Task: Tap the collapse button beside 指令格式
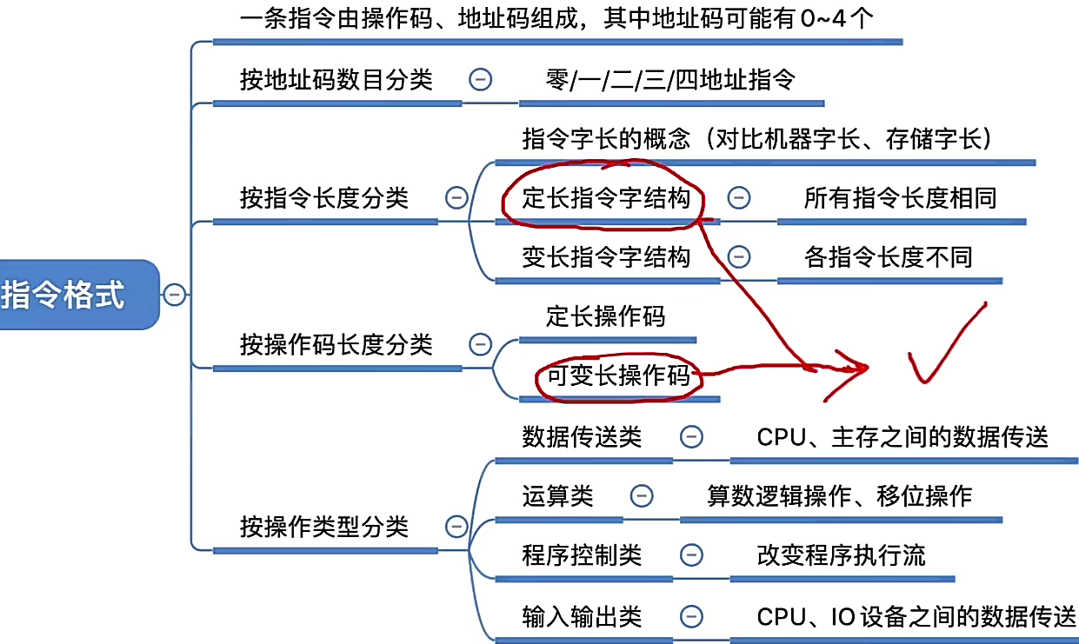(174, 295)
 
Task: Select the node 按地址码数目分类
(336, 80)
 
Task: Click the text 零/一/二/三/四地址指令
(669, 80)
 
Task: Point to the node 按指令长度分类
(323, 197)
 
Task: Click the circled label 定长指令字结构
(606, 199)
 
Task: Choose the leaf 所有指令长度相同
(900, 199)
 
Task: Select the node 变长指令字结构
(606, 257)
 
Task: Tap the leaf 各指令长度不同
(888, 257)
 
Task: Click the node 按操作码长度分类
(336, 344)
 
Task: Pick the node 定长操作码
(605, 315)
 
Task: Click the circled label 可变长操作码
(617, 375)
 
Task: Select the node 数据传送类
(582, 436)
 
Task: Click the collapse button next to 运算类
(641, 495)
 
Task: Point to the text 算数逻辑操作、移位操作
(839, 495)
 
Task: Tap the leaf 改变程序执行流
(842, 554)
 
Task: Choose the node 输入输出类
(582, 616)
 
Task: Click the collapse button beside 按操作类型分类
(456, 526)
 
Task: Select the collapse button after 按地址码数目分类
(480, 80)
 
